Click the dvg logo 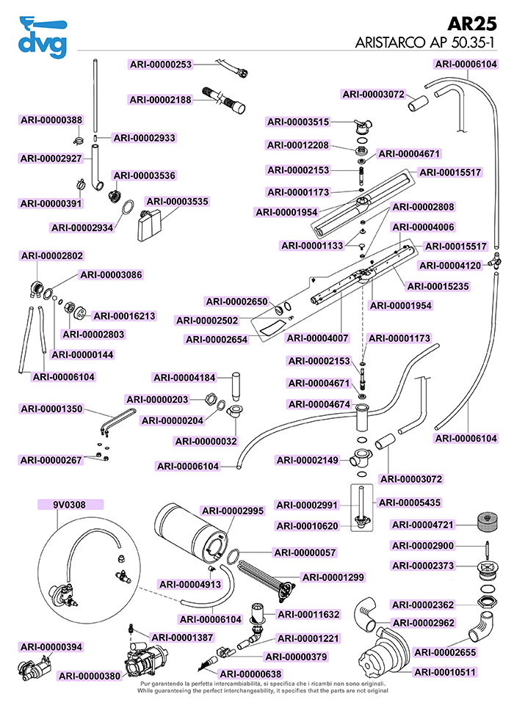pos(43,37)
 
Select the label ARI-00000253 pos(161,65)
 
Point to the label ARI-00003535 pos(177,201)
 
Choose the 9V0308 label pos(69,505)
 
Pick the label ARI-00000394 pos(51,646)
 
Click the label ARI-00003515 pos(298,122)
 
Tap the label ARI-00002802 pos(51,256)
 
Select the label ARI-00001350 pos(51,409)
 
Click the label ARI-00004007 pos(318,338)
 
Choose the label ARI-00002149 pos(307,460)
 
